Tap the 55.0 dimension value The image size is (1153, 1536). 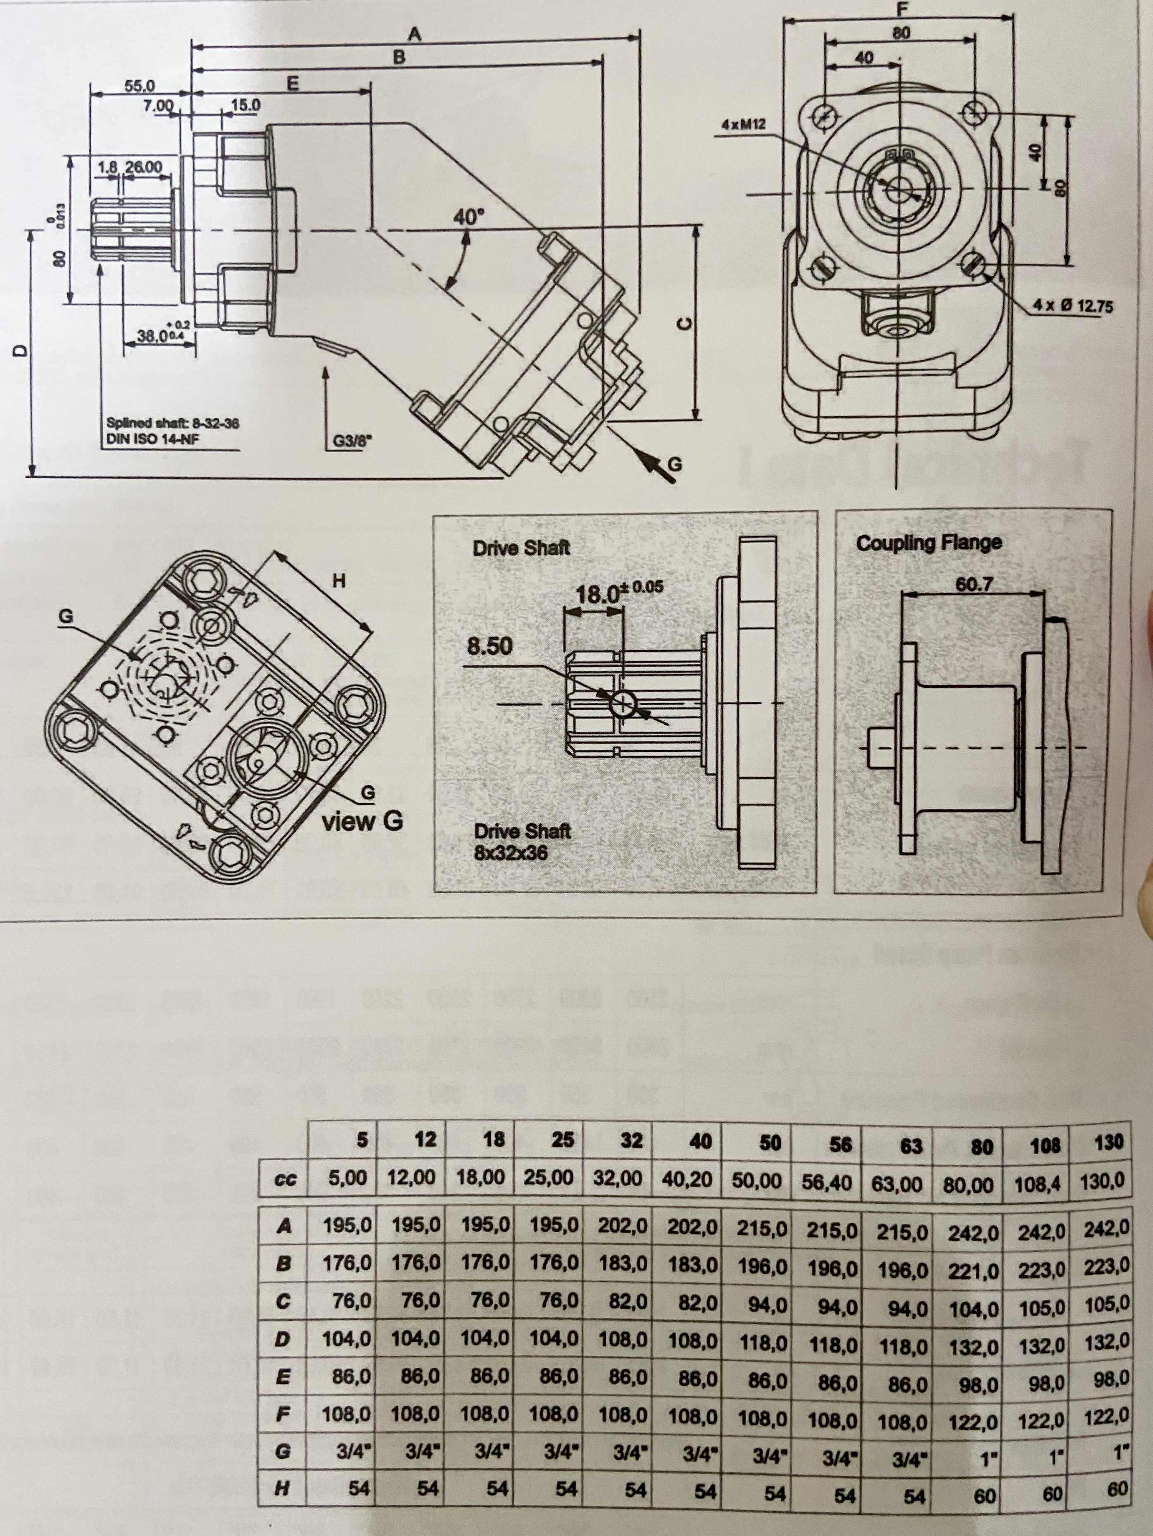[140, 86]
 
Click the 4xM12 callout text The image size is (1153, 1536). [744, 125]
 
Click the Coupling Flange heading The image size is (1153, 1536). [928, 543]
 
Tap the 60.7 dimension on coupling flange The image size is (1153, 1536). [973, 584]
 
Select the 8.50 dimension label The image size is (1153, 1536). [490, 646]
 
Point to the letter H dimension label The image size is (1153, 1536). [339, 580]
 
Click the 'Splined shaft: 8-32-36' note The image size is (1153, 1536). [172, 423]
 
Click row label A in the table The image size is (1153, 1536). [283, 1226]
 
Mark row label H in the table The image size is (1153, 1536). [282, 1487]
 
